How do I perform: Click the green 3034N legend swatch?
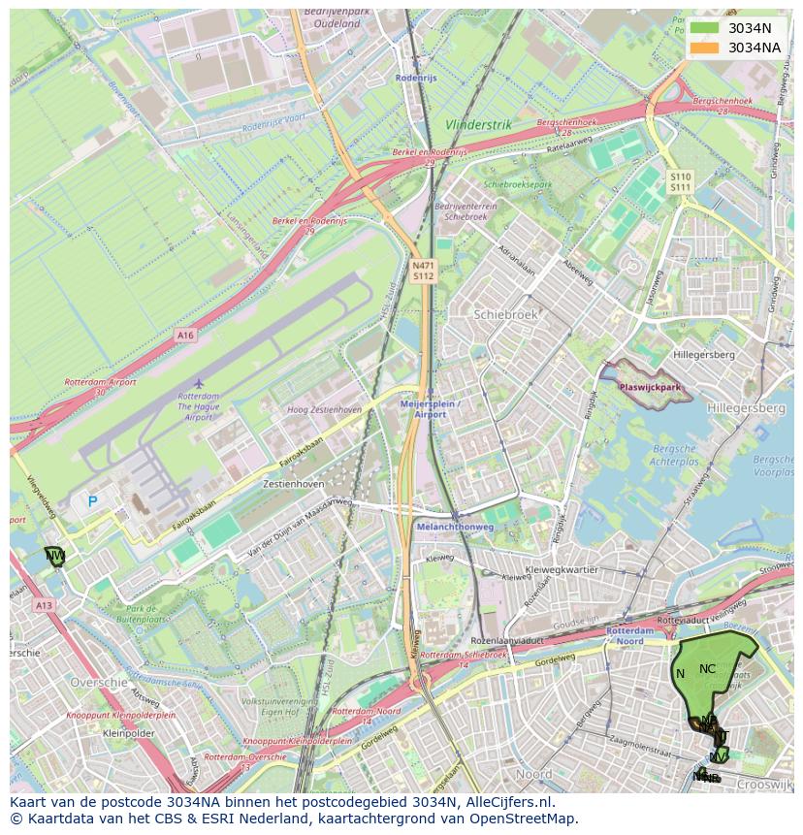pos(705,28)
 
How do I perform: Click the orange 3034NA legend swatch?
pos(705,48)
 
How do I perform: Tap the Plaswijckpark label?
pos(650,387)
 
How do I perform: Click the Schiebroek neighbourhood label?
pos(504,315)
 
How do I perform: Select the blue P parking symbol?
pos(93,501)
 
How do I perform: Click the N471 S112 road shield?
pos(423,271)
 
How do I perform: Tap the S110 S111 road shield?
pos(680,181)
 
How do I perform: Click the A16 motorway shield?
pos(185,335)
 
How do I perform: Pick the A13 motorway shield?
pos(44,605)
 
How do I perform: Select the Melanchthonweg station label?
pos(455,527)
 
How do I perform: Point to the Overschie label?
pos(99,683)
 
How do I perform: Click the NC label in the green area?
pos(707,668)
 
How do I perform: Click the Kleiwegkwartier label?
pos(561,569)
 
